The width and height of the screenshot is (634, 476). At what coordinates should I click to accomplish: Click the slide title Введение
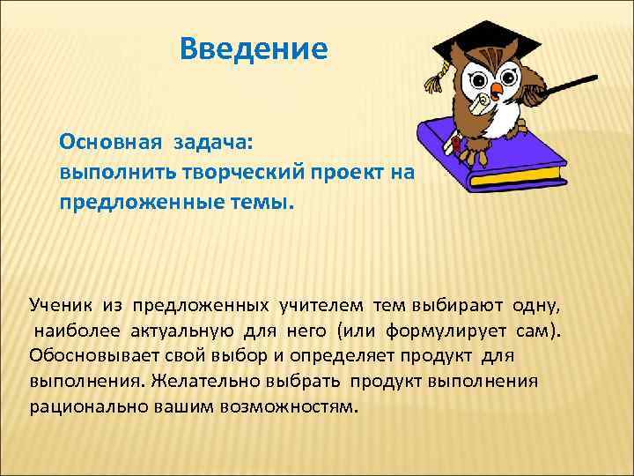pos(253,48)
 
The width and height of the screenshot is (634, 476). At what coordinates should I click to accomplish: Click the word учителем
pos(320,305)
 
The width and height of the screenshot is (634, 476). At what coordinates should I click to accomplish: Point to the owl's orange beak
pos(498,87)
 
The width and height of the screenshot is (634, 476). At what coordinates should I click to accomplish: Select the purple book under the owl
pos(493,154)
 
